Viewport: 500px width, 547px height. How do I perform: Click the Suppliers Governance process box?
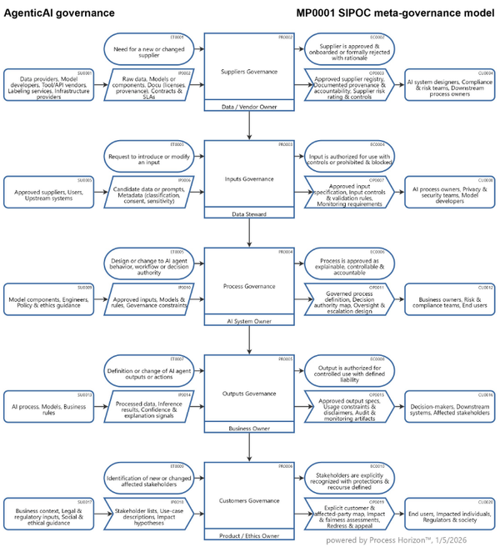pos(249,68)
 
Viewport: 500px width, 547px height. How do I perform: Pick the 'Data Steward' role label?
pos(249,214)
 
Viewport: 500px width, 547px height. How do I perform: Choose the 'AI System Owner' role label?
pos(249,321)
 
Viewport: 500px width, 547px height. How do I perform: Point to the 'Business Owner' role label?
pos(249,429)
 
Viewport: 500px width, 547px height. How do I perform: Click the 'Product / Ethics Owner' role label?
pos(249,535)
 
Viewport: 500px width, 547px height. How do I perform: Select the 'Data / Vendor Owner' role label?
pos(249,108)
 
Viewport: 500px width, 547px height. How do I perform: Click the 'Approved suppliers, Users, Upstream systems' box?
pos(49,191)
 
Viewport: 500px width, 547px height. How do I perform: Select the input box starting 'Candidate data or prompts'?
pos(149,191)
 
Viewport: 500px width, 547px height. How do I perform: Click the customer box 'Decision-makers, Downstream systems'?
pos(450,405)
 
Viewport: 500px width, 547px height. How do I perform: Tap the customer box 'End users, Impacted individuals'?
pos(450,512)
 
